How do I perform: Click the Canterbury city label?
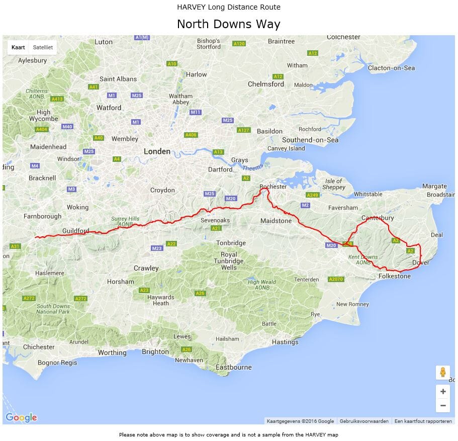[378, 218]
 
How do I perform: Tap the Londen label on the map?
[157, 151]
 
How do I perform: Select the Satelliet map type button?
[43, 47]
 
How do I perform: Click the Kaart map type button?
[18, 47]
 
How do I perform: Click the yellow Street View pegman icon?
[442, 373]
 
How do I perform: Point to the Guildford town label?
[75, 231]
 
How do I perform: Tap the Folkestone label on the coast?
[394, 276]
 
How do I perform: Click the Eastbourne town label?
[233, 367]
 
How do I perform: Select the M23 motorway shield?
[157, 248]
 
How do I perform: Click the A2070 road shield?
[335, 279]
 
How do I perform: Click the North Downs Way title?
[229, 24]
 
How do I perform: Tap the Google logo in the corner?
[21, 417]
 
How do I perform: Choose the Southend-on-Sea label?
[310, 140]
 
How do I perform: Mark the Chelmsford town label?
[266, 84]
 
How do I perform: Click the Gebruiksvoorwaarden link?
[364, 421]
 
